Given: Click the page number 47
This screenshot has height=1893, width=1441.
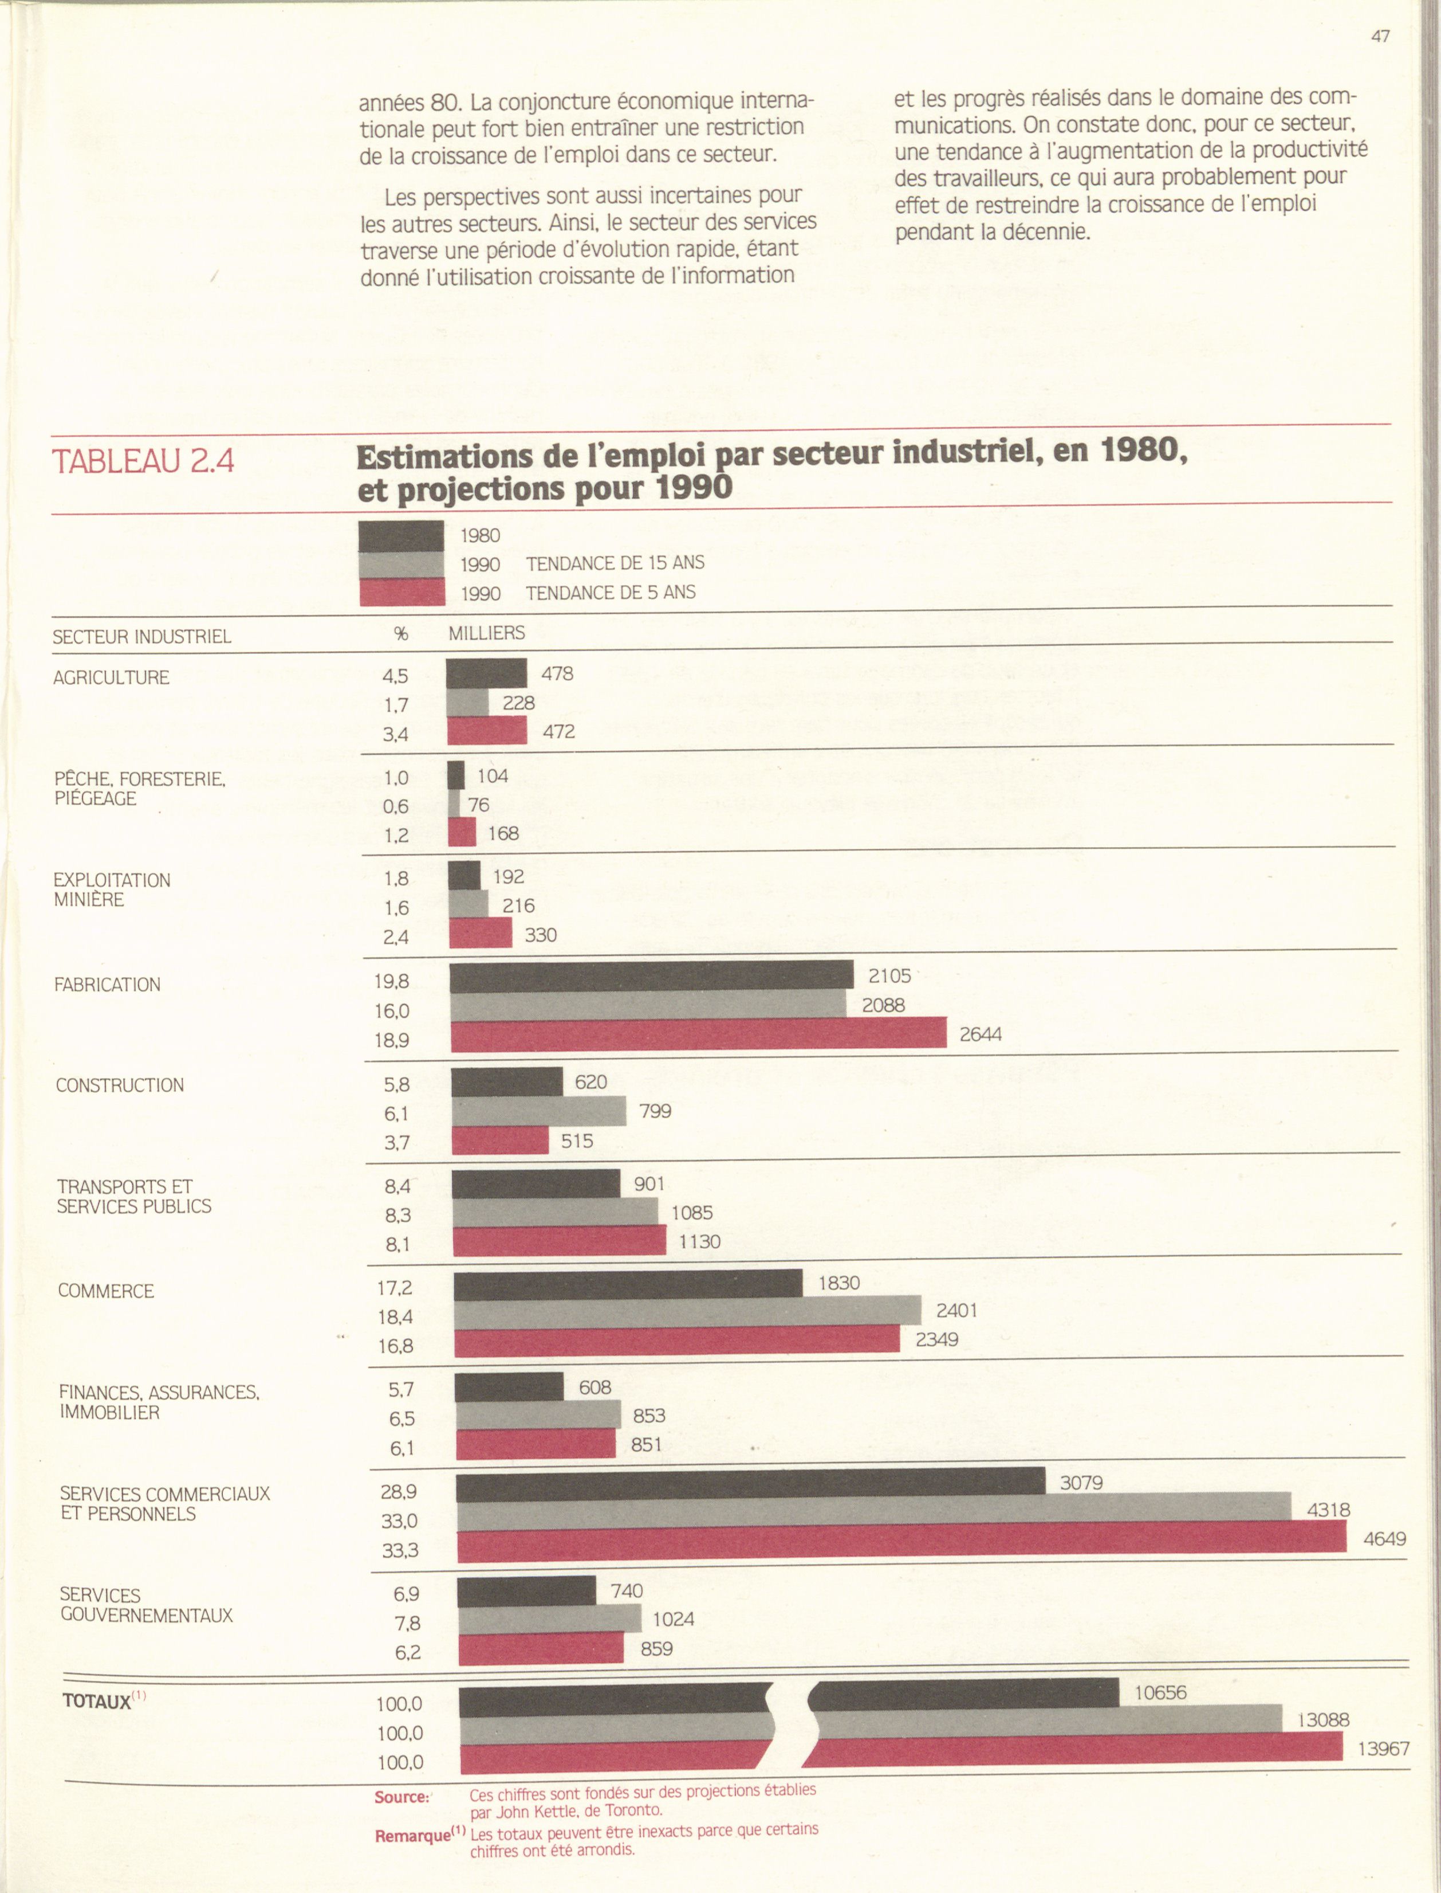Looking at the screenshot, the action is tap(1380, 36).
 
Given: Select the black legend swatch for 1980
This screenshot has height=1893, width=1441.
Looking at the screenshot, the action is tap(401, 536).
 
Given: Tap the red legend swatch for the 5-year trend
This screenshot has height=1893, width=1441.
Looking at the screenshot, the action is tap(401, 592).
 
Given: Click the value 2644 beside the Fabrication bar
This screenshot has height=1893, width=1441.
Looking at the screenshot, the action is tap(981, 1034).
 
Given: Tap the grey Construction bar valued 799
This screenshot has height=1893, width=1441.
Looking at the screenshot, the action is tap(539, 1112).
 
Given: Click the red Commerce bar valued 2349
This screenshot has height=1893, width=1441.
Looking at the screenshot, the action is tap(677, 1341).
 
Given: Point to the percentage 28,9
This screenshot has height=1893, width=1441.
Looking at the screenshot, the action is tap(399, 1492).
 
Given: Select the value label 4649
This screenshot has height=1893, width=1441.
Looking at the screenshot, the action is tap(1385, 1539).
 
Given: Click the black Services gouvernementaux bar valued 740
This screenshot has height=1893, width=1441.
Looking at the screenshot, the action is tap(527, 1591).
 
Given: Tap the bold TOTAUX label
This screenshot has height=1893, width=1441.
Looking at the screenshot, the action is tap(97, 1701).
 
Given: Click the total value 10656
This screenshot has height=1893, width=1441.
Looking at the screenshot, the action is tap(1160, 1692).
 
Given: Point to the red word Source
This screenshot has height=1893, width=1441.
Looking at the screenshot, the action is tap(401, 1797).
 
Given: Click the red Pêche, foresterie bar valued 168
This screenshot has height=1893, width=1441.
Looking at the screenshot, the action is tap(462, 832).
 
